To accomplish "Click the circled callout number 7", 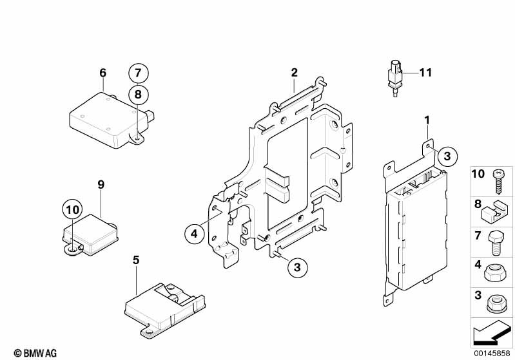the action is pyautogui.click(x=139, y=73).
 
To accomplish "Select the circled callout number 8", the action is pyautogui.click(x=139, y=95).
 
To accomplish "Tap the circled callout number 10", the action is pyautogui.click(x=73, y=209).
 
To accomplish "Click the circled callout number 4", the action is pyautogui.click(x=195, y=234).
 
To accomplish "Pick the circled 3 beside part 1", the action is pyautogui.click(x=447, y=156).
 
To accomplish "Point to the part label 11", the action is pyautogui.click(x=425, y=73).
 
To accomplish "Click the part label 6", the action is pyautogui.click(x=102, y=73).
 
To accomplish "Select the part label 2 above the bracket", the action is pyautogui.click(x=295, y=73).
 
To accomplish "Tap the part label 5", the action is pyautogui.click(x=136, y=260).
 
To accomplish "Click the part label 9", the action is pyautogui.click(x=101, y=185).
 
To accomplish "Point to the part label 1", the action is pyautogui.click(x=427, y=120).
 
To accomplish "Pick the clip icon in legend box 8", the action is pyautogui.click(x=492, y=212).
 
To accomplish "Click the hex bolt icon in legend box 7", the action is pyautogui.click(x=495, y=243).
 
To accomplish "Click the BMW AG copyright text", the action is pyautogui.click(x=35, y=353).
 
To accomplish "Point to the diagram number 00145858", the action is pyautogui.click(x=492, y=354).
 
